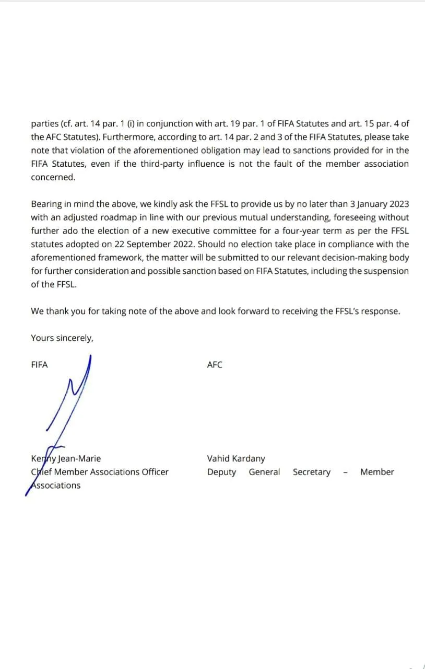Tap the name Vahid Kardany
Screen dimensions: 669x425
[x=235, y=458]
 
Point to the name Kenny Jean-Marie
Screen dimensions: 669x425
[x=66, y=458]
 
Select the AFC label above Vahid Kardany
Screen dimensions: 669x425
[x=215, y=365]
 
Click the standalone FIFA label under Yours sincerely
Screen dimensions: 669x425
[x=39, y=365]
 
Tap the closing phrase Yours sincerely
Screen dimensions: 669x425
[x=62, y=338]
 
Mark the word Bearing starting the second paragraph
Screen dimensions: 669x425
[x=45, y=204]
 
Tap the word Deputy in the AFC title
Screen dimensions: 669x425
[x=221, y=472]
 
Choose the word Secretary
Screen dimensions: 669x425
[x=311, y=472]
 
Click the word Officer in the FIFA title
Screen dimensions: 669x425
[x=152, y=472]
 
